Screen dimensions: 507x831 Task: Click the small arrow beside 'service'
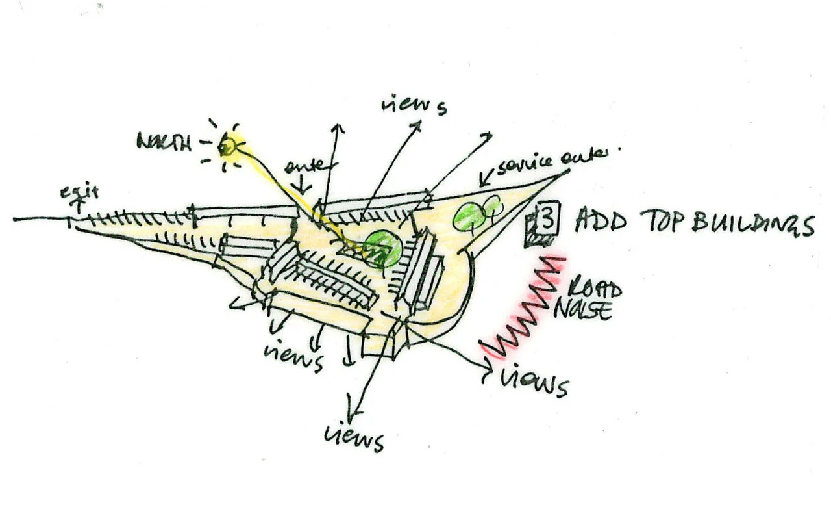(484, 177)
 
